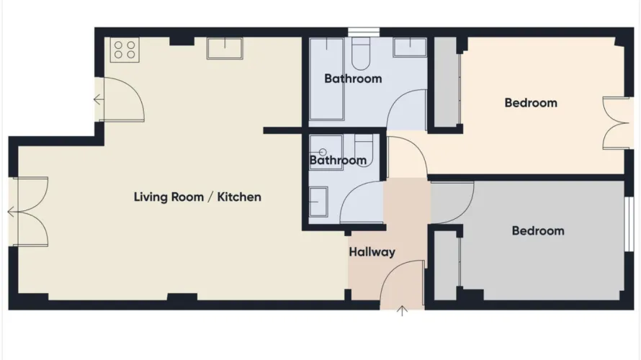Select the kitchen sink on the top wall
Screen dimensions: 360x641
click(225, 48)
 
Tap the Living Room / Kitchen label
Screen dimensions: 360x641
click(197, 197)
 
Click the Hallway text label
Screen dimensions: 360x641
click(372, 252)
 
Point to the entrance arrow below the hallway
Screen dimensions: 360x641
click(402, 311)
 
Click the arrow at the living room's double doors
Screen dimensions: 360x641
click(12, 212)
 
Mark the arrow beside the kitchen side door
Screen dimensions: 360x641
click(98, 100)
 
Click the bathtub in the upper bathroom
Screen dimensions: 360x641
click(326, 79)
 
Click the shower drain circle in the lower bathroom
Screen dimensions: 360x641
click(322, 152)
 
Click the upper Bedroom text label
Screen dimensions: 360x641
click(531, 103)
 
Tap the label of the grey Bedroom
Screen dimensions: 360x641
click(538, 231)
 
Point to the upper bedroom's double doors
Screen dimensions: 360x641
click(616, 123)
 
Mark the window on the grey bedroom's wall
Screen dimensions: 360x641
click(629, 224)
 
